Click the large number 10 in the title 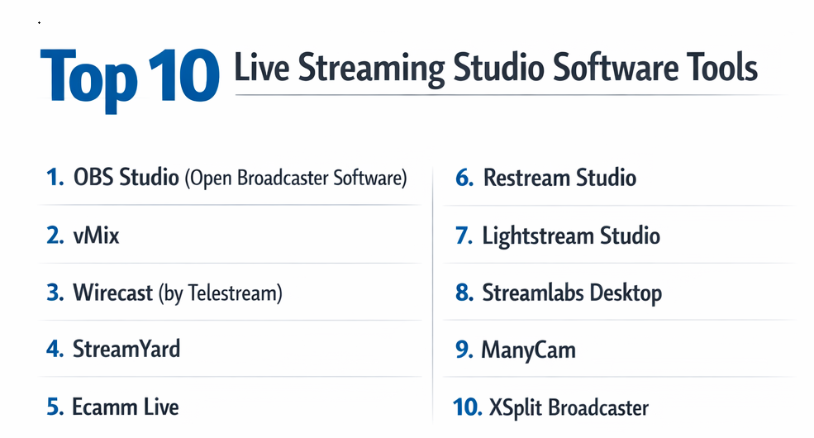coord(184,75)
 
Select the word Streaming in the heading coord(371,69)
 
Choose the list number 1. coord(55,177)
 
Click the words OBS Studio coord(126,177)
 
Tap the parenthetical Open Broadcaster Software coord(296,178)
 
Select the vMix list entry coord(96,236)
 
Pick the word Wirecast coord(113,293)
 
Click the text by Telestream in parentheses coord(221,293)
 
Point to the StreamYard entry coord(126,349)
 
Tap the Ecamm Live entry coord(125,407)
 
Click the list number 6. coord(464,178)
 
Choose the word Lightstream coord(538,236)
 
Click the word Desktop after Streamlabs coord(626,293)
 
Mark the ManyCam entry coord(528,350)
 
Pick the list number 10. coord(467,407)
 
